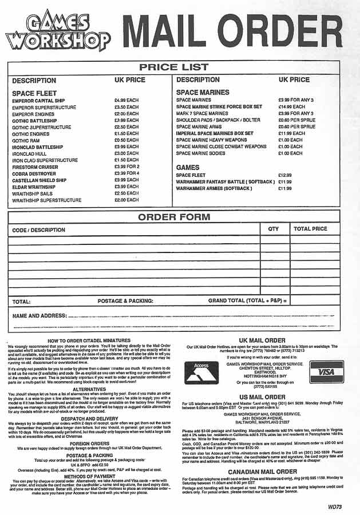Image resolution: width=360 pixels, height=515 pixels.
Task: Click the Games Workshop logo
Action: tap(57, 31)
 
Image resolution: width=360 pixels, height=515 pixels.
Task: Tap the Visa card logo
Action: tap(326, 372)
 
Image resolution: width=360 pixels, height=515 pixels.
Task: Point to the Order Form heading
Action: tap(173, 217)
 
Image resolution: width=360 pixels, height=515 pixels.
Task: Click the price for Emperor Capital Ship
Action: tap(126, 100)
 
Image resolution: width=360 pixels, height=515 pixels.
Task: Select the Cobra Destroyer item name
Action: tap(34, 173)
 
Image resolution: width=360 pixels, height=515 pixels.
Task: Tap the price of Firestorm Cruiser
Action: tap(126, 167)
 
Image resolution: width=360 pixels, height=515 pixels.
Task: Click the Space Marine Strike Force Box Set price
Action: tap(292, 107)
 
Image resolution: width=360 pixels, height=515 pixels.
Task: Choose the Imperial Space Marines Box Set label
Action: tap(215, 133)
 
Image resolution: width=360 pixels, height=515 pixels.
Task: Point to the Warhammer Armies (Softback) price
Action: tap(285, 188)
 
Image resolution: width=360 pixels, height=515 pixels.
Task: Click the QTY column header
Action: tap(273, 229)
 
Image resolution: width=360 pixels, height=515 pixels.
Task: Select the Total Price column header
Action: tap(310, 229)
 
